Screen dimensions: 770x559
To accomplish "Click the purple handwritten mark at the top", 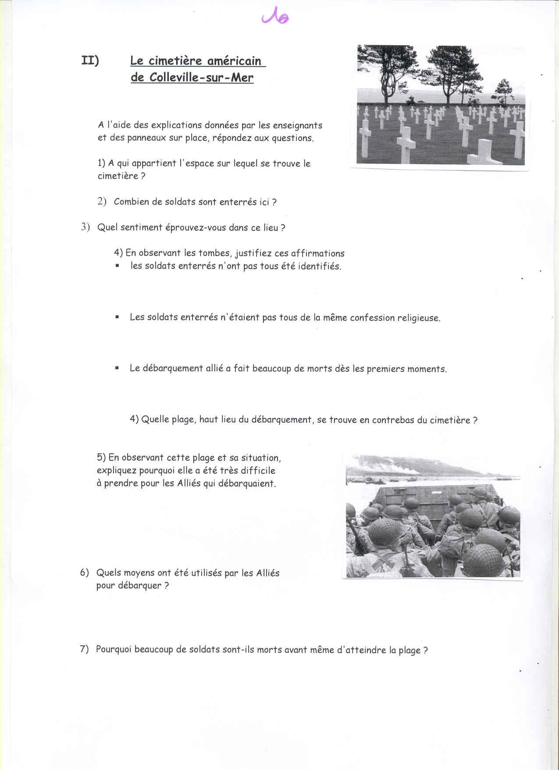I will tap(275, 17).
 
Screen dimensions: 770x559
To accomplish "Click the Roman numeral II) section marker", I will tap(90, 61).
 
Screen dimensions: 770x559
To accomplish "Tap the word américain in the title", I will tap(234, 61).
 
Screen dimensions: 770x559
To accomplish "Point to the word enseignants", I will tap(297, 126).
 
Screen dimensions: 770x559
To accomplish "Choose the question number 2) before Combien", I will tap(102, 201).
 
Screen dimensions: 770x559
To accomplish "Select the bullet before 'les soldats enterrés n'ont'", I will tap(117, 266).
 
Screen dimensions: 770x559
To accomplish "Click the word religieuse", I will tap(418, 318).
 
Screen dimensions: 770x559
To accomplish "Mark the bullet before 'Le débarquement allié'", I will tap(117, 368).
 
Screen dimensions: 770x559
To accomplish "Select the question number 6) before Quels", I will tap(84, 572).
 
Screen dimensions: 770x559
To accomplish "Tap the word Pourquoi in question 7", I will tap(114, 649).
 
